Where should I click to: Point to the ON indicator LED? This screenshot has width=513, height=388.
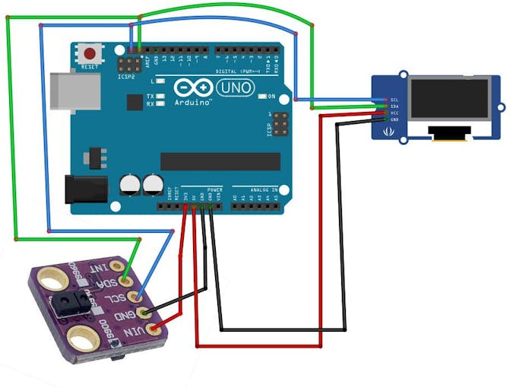coord(261,97)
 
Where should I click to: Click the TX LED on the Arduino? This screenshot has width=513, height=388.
coord(160,96)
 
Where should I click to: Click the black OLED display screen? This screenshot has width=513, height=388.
coord(448,100)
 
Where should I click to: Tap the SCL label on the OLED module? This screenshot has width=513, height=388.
coord(395,100)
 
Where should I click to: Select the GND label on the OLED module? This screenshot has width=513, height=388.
coord(395,119)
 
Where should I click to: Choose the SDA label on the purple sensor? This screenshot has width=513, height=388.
coord(109,281)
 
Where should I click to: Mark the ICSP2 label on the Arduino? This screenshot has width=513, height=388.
coord(126,77)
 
